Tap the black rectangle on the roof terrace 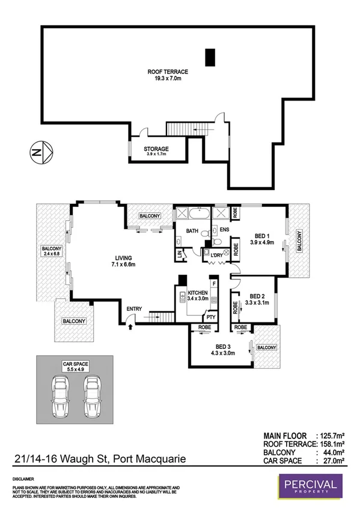[210, 57]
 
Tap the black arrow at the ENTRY [131, 326]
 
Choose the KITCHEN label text [198, 292]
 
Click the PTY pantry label [210, 316]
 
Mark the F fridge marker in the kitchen [213, 283]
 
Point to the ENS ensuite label [225, 230]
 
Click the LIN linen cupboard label [180, 256]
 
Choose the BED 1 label [261, 236]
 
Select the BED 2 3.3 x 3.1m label [257, 300]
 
